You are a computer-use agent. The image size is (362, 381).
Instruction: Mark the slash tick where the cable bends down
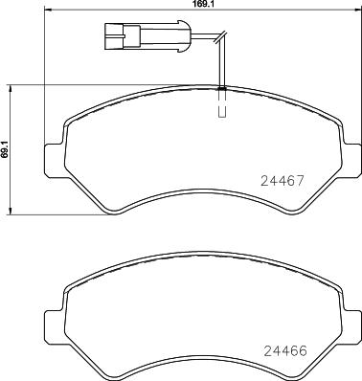[x=220, y=40]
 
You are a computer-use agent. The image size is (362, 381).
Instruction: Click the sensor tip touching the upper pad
[x=222, y=89]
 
